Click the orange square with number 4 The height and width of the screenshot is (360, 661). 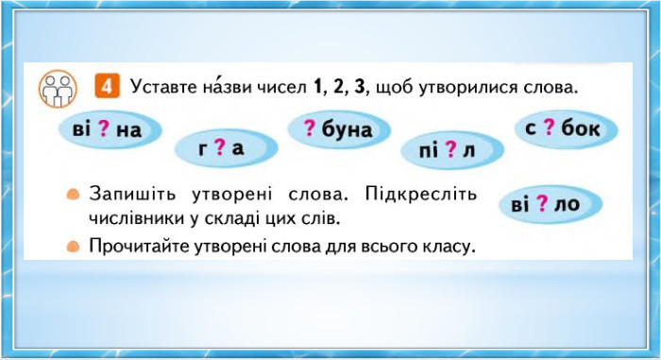[107, 86]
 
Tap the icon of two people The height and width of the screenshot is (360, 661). [58, 89]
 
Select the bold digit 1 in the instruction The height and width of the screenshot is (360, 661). [318, 87]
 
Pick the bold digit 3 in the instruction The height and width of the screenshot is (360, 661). [360, 87]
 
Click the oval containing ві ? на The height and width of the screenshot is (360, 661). [110, 129]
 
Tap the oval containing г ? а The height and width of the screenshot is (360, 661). [226, 147]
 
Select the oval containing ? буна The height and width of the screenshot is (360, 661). [339, 129]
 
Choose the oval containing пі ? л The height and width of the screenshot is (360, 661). [452, 149]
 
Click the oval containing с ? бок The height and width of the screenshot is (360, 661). [567, 128]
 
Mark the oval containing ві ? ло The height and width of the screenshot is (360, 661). [551, 204]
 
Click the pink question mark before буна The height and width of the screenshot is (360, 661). [310, 128]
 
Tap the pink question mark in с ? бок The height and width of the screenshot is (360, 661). [549, 127]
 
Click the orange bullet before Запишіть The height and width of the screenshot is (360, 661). [73, 195]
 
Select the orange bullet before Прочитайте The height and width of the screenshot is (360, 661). [73, 246]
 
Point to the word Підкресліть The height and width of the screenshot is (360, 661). [421, 195]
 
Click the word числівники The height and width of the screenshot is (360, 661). [137, 218]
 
